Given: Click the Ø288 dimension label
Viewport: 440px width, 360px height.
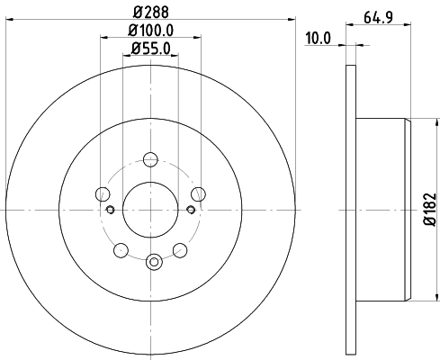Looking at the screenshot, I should pos(151,13).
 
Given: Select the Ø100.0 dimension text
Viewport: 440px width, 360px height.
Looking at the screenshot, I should pos(151,31).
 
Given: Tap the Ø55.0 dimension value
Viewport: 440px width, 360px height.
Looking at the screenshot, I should pos(151,49).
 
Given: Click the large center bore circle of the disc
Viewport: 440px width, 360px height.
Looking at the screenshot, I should pos(151,209).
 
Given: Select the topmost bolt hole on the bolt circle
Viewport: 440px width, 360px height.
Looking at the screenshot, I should pos(151,159).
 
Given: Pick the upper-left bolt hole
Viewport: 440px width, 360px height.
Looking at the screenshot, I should pos(103,193).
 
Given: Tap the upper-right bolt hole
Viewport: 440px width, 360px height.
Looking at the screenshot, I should pos(199,193).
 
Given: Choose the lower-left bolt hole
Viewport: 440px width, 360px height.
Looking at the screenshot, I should pos(121,249).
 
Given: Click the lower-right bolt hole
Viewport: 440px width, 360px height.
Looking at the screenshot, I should pos(181,249).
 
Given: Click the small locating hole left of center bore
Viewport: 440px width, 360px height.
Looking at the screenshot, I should pos(112,210).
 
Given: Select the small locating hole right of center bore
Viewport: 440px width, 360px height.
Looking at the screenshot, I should pos(191,210).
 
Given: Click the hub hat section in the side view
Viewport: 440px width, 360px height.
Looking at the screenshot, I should pos(382,209).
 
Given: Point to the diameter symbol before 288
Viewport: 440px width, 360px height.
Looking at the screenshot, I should pos(136,13).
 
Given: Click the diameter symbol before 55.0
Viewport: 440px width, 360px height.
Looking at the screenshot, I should pos(134,49).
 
